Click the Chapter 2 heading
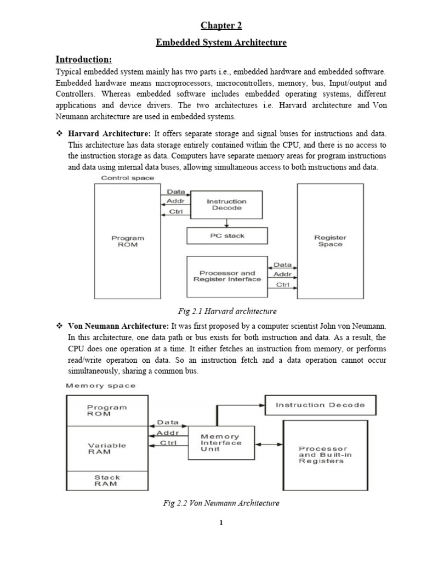(x=220, y=25)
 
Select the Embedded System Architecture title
(x=220, y=42)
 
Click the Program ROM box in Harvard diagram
(x=128, y=241)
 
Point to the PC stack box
(x=227, y=236)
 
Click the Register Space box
(x=330, y=241)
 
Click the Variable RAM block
(x=107, y=448)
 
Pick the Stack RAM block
(x=107, y=481)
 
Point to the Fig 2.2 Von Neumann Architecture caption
(x=226, y=503)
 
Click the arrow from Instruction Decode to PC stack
(x=227, y=222)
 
